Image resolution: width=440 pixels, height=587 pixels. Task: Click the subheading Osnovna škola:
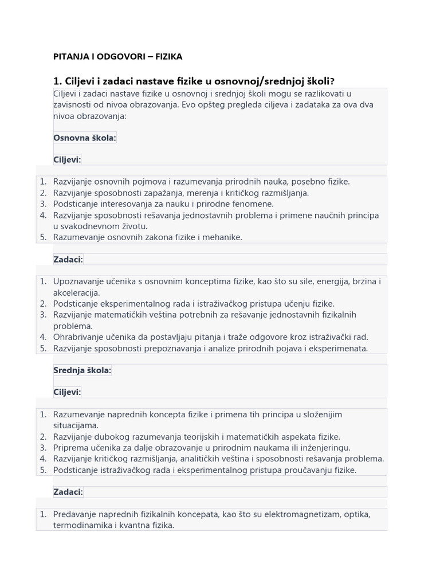pos(85,138)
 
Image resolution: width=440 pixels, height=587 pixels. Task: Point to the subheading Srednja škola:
pos(82,370)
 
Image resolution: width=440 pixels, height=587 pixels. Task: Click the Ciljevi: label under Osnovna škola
pos(67,159)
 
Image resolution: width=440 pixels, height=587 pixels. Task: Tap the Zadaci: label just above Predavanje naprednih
pos(68,492)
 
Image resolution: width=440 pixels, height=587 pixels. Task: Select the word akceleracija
pos(76,293)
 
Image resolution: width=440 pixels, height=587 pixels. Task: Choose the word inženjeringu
pos(324,448)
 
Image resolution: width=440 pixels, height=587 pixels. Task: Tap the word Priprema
pos(71,448)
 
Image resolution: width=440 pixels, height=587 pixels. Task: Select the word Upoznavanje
pos(79,281)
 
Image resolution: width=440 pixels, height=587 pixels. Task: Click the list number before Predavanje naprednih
pos(43,514)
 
